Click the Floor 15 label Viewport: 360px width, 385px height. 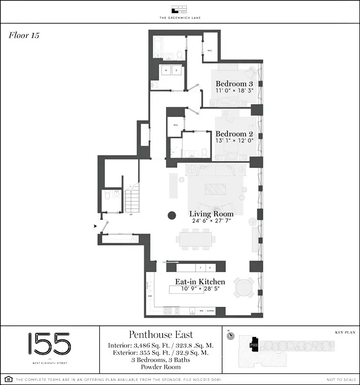[x=24, y=35]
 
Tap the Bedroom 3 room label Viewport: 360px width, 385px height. [x=234, y=84]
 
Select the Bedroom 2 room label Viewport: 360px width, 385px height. [x=234, y=134]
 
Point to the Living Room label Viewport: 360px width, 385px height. [x=212, y=214]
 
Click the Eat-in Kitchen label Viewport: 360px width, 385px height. [x=199, y=282]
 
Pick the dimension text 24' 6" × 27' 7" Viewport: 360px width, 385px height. [x=212, y=221]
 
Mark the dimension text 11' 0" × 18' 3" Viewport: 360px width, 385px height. [x=234, y=91]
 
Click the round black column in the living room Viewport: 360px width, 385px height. [x=172, y=215]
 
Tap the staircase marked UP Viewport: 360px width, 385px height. [x=132, y=199]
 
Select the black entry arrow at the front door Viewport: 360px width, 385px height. [x=95, y=226]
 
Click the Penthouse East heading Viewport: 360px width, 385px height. [x=161, y=335]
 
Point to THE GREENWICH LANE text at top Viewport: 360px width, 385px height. [x=180, y=18]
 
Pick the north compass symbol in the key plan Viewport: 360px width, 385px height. [x=230, y=336]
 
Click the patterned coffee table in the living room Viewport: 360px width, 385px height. [x=216, y=189]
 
